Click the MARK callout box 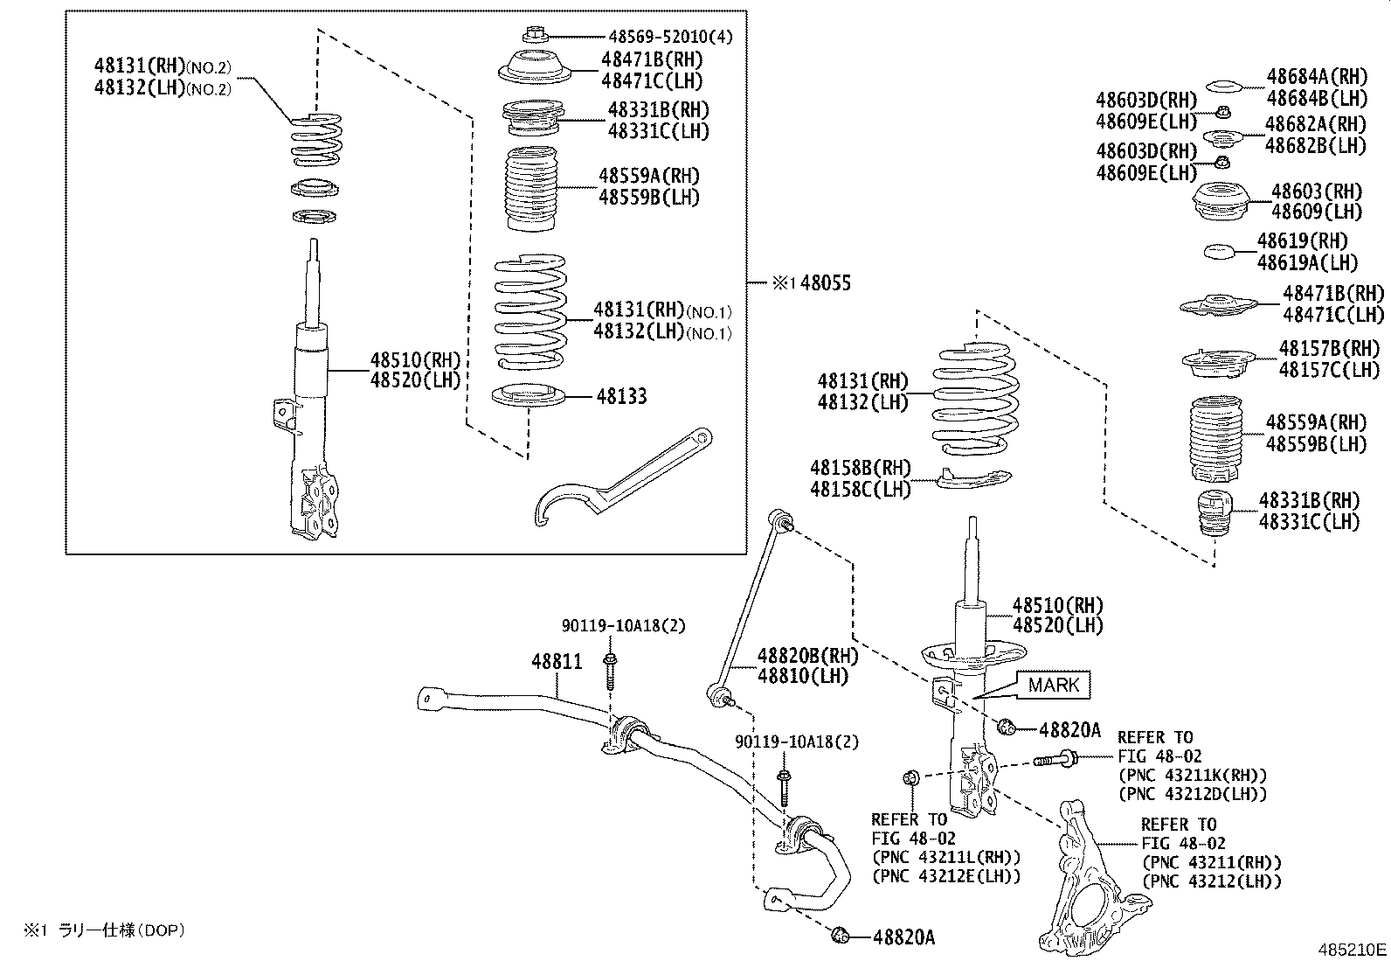[x=1054, y=685]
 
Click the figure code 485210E [x=1352, y=950]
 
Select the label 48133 [x=622, y=396]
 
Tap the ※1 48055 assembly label [x=810, y=282]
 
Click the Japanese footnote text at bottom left [x=105, y=931]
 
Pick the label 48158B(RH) [x=861, y=468]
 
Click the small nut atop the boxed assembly [x=534, y=36]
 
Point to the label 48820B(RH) [x=807, y=656]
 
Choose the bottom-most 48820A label [x=903, y=937]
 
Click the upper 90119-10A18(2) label [x=623, y=625]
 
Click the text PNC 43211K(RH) [x=1192, y=775]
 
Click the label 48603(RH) [x=1316, y=191]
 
